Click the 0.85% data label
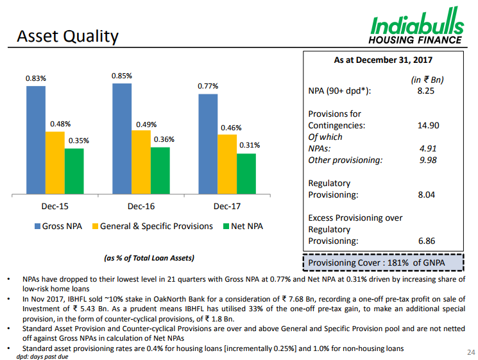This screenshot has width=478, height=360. [x=122, y=76]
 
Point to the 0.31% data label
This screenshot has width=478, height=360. [x=249, y=146]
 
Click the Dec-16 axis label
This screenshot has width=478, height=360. [x=141, y=207]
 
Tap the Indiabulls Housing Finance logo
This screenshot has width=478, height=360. [x=416, y=29]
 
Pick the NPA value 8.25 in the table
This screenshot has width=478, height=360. [x=426, y=91]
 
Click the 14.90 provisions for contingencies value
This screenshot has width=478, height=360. [x=428, y=126]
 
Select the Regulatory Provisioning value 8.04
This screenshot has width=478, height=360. [x=427, y=195]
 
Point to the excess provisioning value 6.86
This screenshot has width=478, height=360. [x=427, y=241]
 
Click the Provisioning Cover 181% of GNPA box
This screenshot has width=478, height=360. [x=382, y=262]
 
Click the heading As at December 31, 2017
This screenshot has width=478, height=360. [x=383, y=60]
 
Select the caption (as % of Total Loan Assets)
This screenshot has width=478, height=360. [x=149, y=258]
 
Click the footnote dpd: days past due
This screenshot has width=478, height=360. [x=42, y=356]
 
